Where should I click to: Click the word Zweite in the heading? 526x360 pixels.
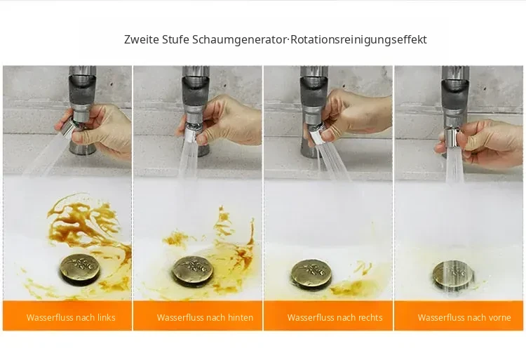click(x=142, y=39)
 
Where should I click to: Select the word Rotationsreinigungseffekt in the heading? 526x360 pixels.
click(x=358, y=40)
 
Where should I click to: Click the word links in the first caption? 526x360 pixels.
click(x=107, y=317)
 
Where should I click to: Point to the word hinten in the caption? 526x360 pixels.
click(x=241, y=317)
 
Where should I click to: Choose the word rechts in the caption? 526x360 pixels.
click(x=370, y=317)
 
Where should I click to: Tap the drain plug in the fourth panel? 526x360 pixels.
click(x=453, y=275)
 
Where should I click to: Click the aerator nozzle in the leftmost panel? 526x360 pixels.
click(x=68, y=128)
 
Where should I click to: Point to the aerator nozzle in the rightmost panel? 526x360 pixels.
click(x=452, y=138)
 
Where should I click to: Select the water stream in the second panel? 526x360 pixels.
click(x=188, y=160)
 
